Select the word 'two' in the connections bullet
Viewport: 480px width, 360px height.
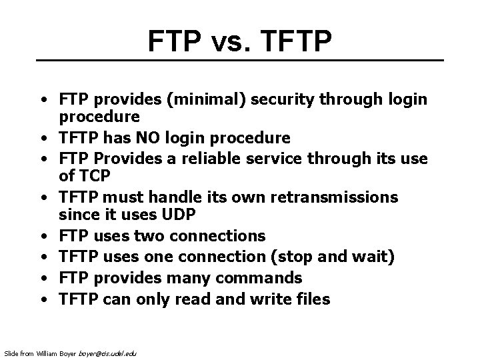click(151, 237)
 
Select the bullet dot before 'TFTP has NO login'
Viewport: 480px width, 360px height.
click(42, 139)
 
